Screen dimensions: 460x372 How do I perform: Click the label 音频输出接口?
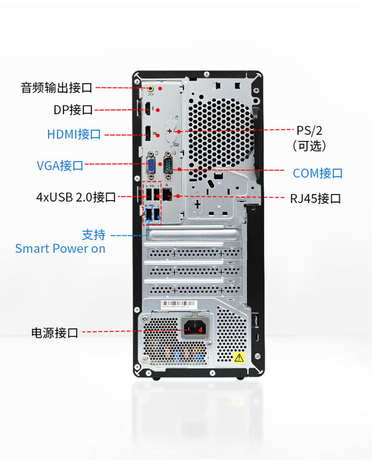(57, 88)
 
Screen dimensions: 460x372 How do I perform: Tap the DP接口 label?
(73, 110)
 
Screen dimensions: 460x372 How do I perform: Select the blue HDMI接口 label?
(74, 134)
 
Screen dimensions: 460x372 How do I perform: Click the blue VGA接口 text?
(60, 165)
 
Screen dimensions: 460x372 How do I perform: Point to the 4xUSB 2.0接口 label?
(76, 197)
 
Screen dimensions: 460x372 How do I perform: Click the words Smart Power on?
(60, 249)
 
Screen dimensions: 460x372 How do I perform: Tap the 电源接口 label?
(55, 333)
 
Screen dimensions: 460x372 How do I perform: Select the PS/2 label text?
(310, 131)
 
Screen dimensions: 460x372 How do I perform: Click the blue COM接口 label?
(317, 173)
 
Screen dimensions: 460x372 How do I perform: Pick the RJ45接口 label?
(315, 199)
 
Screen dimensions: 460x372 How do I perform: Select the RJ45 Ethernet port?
(168, 194)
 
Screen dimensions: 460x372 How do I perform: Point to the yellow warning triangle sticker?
(239, 357)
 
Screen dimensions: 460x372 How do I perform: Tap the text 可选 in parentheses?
(309, 146)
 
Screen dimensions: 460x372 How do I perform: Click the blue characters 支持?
(93, 234)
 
